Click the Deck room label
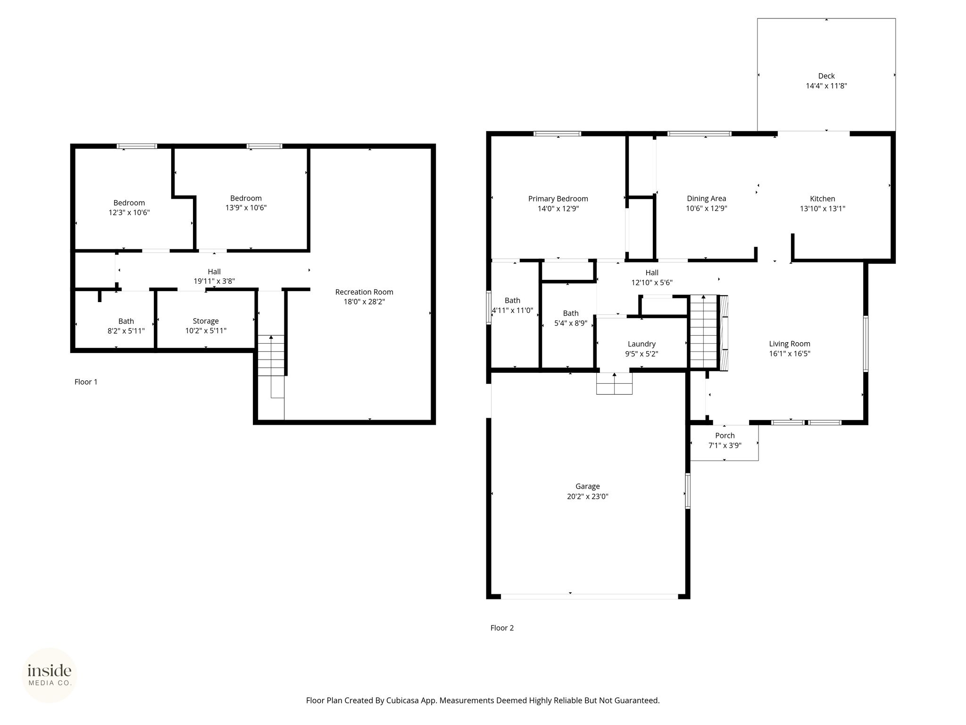pos(826,76)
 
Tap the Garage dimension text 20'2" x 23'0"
pos(587,497)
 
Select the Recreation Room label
pos(364,292)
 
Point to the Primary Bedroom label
pos(558,199)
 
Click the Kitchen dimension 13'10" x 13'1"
pos(823,209)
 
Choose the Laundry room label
pos(641,345)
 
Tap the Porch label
pos(725,436)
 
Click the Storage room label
pos(206,321)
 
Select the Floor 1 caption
pos(86,382)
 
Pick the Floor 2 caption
pos(502,628)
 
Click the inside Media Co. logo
pos(50,675)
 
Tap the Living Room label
pos(790,344)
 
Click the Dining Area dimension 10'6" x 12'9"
pos(707,209)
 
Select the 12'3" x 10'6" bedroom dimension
pos(129,213)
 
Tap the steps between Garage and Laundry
pos(614,383)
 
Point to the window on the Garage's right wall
pos(688,491)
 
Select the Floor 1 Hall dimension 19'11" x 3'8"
pos(214,281)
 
